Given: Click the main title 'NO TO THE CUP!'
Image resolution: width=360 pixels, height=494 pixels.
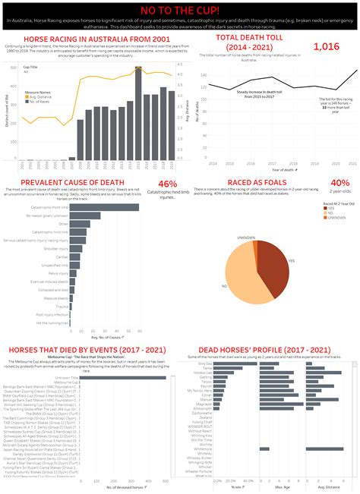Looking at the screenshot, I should click(x=180, y=11).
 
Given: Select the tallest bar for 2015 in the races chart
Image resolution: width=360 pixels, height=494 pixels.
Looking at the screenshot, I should click(x=137, y=114).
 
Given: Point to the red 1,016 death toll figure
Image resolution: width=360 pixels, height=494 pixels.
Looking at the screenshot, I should click(x=326, y=47).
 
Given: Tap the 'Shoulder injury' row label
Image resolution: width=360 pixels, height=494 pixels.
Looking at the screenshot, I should click(x=57, y=248).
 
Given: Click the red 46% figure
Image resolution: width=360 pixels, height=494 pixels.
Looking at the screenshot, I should click(x=167, y=184).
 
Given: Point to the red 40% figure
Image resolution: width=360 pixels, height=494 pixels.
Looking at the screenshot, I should click(x=339, y=183).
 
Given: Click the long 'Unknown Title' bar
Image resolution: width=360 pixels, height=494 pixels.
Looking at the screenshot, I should click(x=122, y=377).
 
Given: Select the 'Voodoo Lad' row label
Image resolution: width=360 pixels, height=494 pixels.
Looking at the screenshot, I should click(x=202, y=373).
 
